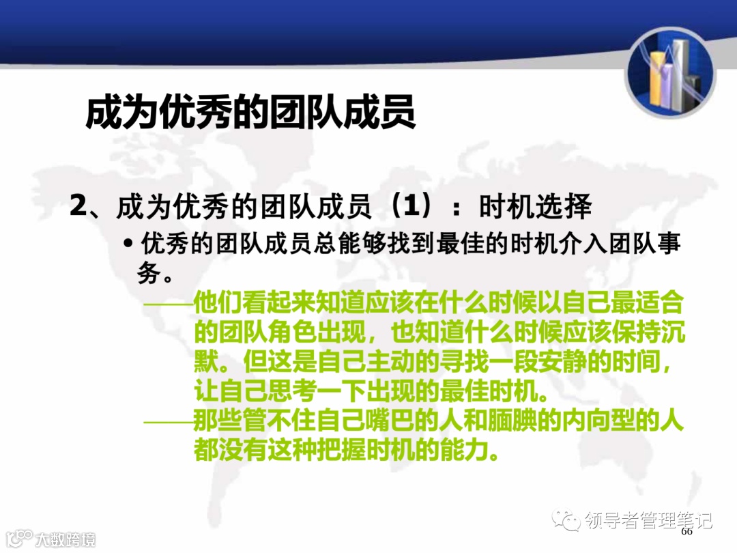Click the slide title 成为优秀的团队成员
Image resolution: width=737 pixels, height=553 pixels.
click(250, 112)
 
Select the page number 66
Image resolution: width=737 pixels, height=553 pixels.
click(687, 531)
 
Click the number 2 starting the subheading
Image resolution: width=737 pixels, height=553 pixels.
click(78, 205)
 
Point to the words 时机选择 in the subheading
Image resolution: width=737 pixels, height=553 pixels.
click(535, 205)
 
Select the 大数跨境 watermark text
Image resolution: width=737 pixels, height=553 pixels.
click(66, 539)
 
